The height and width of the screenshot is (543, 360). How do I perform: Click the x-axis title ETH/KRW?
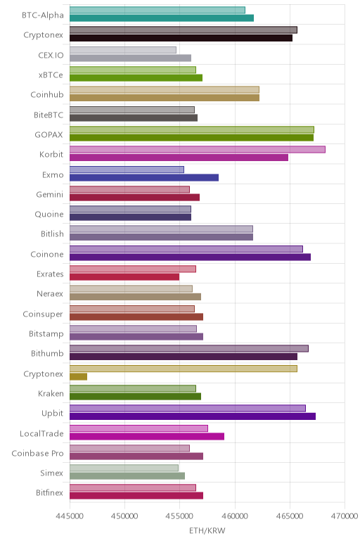click(x=207, y=530)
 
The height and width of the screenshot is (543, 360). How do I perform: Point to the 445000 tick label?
click(x=70, y=516)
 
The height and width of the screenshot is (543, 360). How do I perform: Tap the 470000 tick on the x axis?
click(x=345, y=516)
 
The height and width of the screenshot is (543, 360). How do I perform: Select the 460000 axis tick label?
click(x=235, y=516)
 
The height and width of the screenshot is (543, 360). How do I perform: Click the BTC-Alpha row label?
click(x=43, y=15)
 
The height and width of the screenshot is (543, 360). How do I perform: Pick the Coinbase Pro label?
click(x=38, y=453)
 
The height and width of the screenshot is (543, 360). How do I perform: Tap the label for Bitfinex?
click(x=50, y=493)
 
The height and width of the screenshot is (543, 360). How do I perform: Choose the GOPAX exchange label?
click(x=49, y=135)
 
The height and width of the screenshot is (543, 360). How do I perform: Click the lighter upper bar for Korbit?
click(x=198, y=150)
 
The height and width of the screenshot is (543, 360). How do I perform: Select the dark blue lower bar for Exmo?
click(x=144, y=178)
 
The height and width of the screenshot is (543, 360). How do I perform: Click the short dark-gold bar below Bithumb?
click(x=78, y=377)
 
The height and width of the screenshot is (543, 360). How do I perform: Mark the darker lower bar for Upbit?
click(x=193, y=416)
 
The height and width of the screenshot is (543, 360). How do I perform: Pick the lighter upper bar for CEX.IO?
click(x=123, y=50)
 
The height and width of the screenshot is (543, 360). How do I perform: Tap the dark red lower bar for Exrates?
click(x=124, y=277)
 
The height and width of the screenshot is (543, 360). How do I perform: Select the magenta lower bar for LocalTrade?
click(x=147, y=436)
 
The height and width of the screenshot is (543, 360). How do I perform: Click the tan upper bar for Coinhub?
click(x=165, y=90)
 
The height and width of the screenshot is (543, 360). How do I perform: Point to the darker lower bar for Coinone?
click(x=190, y=257)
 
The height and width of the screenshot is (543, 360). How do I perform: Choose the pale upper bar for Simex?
click(x=124, y=468)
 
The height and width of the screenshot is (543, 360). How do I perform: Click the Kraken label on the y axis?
click(x=51, y=394)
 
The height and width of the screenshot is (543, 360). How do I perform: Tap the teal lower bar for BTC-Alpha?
click(x=162, y=18)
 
